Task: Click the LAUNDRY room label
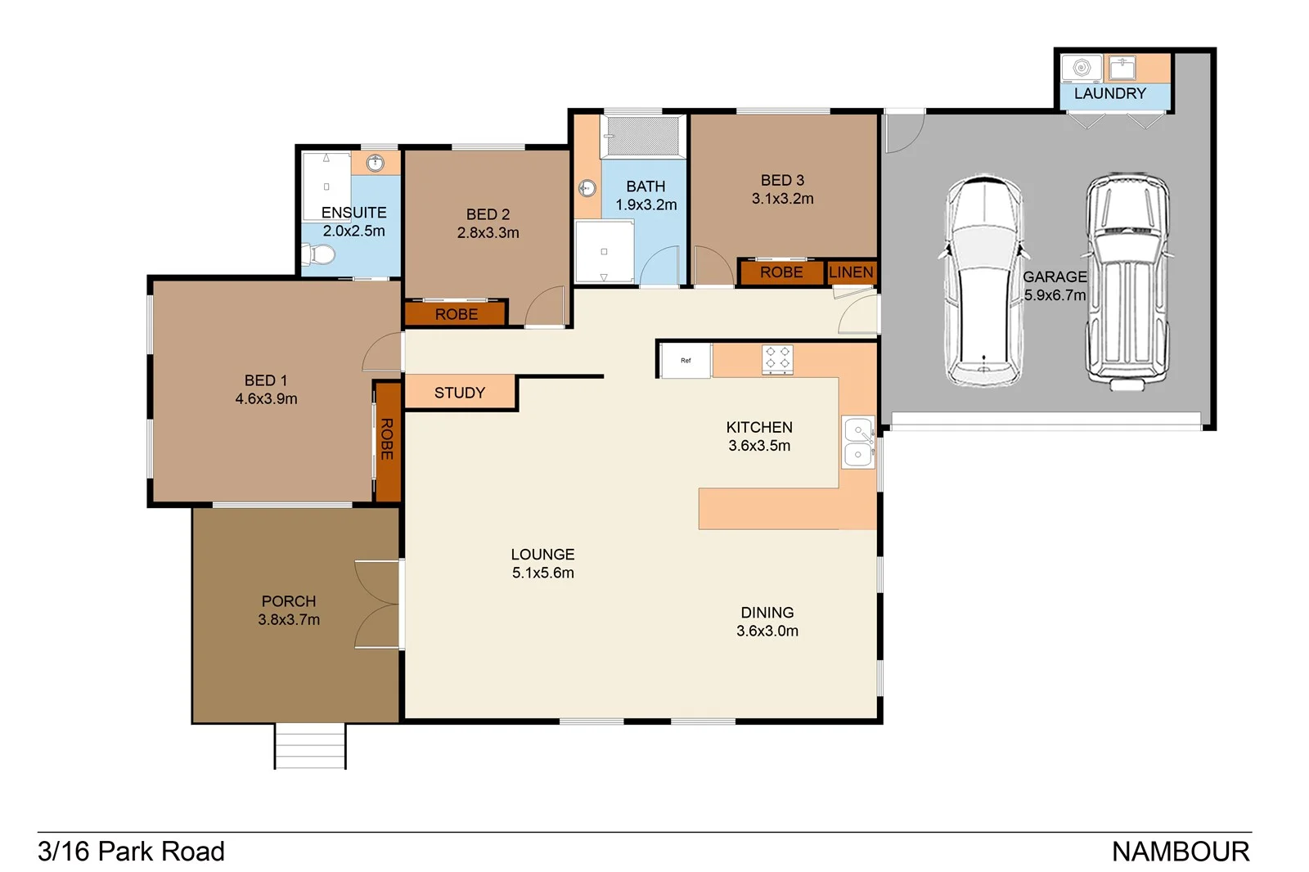[x=1109, y=93]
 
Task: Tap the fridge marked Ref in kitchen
[x=686, y=361]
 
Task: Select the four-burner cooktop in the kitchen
[x=777, y=359]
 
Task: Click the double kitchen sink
[x=857, y=442]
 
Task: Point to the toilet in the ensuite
[x=320, y=256]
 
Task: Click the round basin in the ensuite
[x=375, y=163]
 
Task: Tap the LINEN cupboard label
[x=851, y=272]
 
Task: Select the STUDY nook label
[x=459, y=393]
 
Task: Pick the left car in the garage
[x=984, y=281]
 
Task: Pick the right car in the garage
[x=1127, y=281]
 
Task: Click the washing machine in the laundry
[x=1081, y=67]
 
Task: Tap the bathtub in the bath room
[x=643, y=136]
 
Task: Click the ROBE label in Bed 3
[x=780, y=272]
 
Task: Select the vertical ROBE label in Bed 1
[x=387, y=439]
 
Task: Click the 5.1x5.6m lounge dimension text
[x=542, y=573]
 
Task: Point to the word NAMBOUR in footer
[x=1180, y=852]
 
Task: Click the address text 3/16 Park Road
[x=131, y=852]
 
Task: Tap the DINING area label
[x=767, y=613]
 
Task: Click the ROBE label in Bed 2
[x=456, y=314]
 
